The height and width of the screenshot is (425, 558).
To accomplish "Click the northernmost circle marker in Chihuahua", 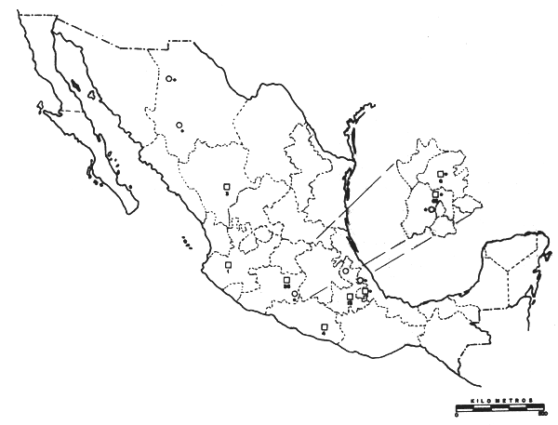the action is click(x=169, y=78).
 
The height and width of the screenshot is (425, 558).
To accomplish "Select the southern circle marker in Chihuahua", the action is click(x=179, y=125).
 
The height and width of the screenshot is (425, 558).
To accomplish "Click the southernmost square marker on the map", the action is click(x=324, y=325).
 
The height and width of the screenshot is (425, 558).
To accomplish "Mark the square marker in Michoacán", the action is click(x=286, y=278).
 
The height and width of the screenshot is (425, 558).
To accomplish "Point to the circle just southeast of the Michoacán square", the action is click(x=295, y=294).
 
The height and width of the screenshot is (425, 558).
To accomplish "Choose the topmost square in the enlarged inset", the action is click(x=441, y=174).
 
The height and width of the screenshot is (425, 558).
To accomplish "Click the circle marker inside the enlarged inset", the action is click(x=432, y=209).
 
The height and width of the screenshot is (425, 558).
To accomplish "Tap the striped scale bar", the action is click(x=499, y=408).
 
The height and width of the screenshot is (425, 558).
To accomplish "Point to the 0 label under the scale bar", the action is click(x=458, y=416).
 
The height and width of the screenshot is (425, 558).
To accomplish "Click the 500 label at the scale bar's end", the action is click(x=541, y=416).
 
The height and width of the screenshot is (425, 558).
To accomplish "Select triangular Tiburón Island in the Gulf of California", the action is click(x=91, y=94).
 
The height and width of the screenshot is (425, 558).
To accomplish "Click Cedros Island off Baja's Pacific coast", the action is click(x=41, y=108).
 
